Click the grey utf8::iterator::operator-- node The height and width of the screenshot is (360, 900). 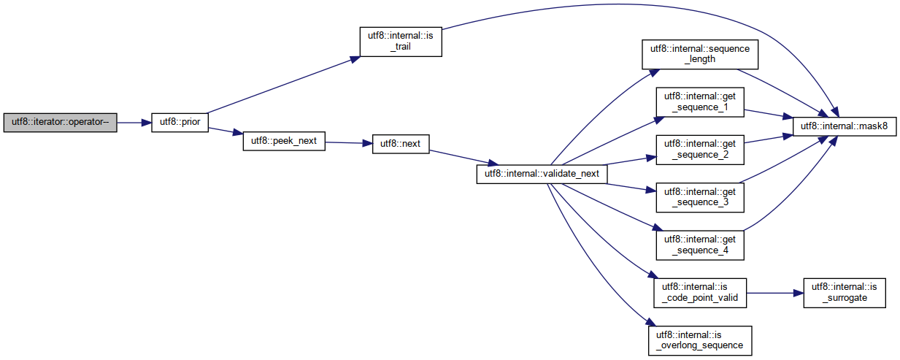(60, 123)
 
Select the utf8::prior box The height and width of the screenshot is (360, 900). (180, 123)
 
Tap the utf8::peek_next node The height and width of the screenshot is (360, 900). (283, 141)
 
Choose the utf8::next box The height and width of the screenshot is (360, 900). (401, 144)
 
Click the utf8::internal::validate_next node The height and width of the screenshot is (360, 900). (542, 174)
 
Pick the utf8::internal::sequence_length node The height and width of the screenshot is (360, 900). (699, 53)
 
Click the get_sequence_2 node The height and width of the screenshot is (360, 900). (699, 150)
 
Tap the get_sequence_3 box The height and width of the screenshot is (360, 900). (699, 196)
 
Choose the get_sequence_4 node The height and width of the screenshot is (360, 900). (699, 245)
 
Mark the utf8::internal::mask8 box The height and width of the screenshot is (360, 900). (843, 126)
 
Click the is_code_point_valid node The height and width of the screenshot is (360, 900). (699, 293)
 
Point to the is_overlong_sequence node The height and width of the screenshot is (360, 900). (699, 340)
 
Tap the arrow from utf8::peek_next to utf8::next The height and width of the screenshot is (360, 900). (348, 143)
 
